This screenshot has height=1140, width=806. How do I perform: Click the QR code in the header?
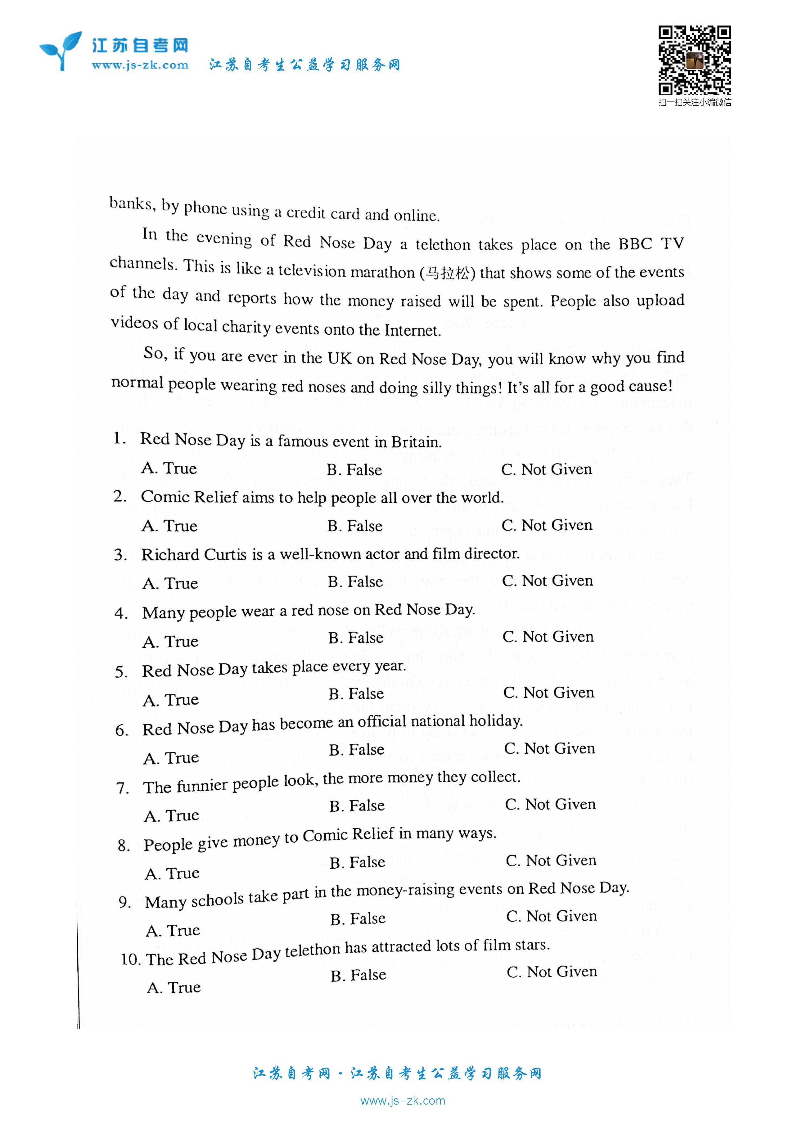[x=694, y=60]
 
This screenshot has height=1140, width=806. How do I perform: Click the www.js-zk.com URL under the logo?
[x=140, y=65]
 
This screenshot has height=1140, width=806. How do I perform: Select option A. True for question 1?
[x=169, y=468]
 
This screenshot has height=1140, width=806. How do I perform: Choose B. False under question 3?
[x=355, y=581]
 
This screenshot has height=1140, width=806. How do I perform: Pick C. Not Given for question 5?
[x=548, y=693]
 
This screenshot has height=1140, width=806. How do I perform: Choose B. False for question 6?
[x=357, y=749]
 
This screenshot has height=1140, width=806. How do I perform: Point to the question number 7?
[x=122, y=788]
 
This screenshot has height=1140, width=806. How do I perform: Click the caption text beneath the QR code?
[x=694, y=103]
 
